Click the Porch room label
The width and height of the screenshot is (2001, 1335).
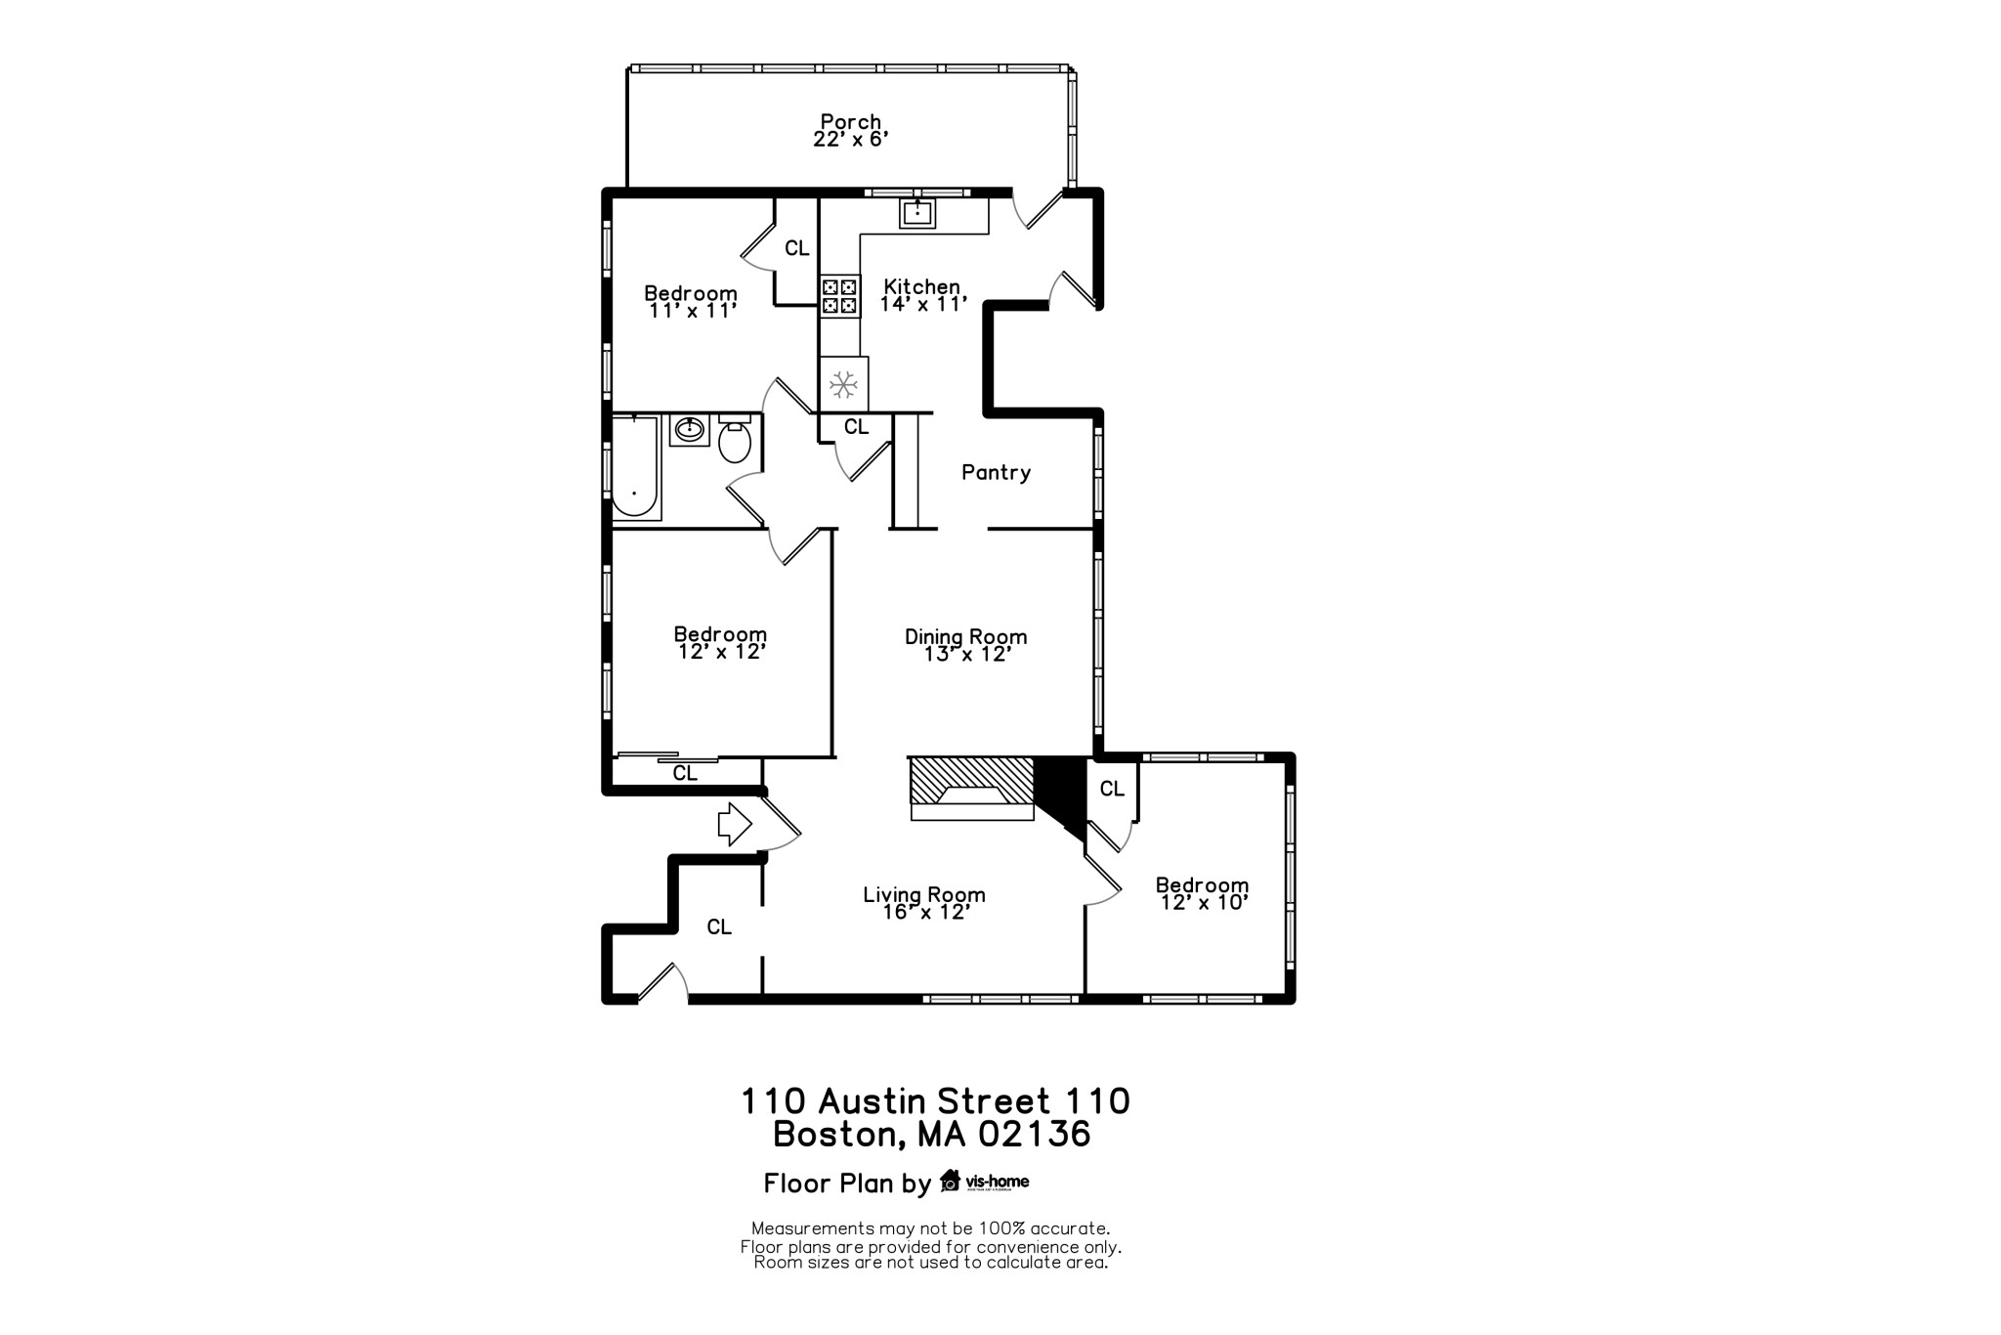pos(850,122)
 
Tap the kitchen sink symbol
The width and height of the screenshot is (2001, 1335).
pos(917,212)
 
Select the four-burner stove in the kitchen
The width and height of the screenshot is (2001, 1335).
pos(839,297)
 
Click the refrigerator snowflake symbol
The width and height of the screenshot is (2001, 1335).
pos(844,385)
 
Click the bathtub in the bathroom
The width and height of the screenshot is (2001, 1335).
pos(635,467)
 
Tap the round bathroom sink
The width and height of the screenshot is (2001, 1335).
pos(690,429)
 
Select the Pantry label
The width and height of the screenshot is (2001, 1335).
pos(996,473)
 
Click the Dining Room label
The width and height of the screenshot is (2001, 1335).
pos(965,637)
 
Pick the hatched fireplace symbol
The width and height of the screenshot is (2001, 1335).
pos(971,783)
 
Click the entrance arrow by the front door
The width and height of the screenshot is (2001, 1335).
pos(734,825)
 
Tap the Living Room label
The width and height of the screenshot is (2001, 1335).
pos(923,894)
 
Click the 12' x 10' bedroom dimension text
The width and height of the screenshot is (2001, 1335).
pos(1204,903)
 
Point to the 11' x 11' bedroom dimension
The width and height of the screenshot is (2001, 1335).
pos(691,311)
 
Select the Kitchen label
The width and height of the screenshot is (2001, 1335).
pos(921,286)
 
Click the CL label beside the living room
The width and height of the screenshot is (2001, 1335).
pos(719,927)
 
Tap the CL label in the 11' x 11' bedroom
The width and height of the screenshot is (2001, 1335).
pos(797,249)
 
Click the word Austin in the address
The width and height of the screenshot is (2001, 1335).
pos(873,1101)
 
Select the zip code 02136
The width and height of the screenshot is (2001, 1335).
pos(1035,1135)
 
